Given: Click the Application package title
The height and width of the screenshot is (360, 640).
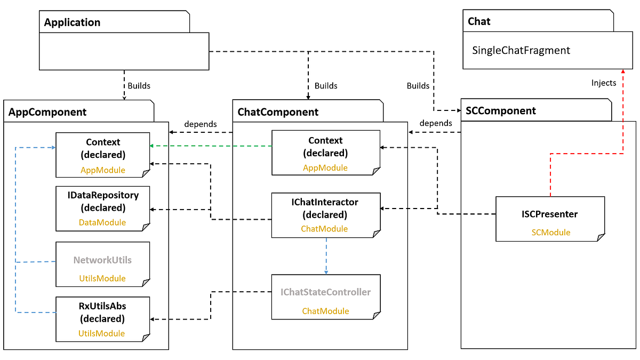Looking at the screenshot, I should point(72,22).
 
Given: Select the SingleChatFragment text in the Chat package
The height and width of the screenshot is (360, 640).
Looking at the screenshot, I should point(521,51).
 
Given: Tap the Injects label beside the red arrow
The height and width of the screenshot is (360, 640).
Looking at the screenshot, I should point(604,83).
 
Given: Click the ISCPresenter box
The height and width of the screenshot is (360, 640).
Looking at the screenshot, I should point(550,219).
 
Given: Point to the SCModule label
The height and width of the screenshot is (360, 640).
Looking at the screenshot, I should point(550,233).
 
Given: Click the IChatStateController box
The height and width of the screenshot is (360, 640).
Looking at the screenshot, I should point(325,297).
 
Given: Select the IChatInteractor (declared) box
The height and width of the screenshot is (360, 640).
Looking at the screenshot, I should point(325,215).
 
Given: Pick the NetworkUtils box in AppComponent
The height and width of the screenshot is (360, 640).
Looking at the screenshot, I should point(102,264).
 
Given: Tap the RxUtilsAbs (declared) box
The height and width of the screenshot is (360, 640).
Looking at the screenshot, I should point(102,319).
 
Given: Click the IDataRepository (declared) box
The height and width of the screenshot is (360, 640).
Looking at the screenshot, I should point(102,208).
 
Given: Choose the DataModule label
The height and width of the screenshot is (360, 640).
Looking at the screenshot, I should point(102,222).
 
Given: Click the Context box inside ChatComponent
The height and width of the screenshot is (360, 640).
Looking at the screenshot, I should point(325,152).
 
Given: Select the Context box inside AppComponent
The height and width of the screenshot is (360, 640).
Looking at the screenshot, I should point(102,155).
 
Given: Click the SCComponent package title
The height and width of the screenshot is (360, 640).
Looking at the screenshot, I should point(501,111).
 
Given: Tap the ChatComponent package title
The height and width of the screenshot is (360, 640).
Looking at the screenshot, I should point(278,112).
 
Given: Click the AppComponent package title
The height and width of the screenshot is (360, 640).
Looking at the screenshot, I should point(48,112).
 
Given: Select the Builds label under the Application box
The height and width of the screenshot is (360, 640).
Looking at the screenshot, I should point(139,85).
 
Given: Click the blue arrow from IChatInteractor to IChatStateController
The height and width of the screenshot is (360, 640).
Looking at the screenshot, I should point(326,256).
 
